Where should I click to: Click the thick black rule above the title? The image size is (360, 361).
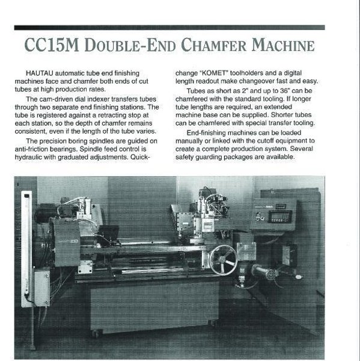pyautogui.click(x=169, y=27)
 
